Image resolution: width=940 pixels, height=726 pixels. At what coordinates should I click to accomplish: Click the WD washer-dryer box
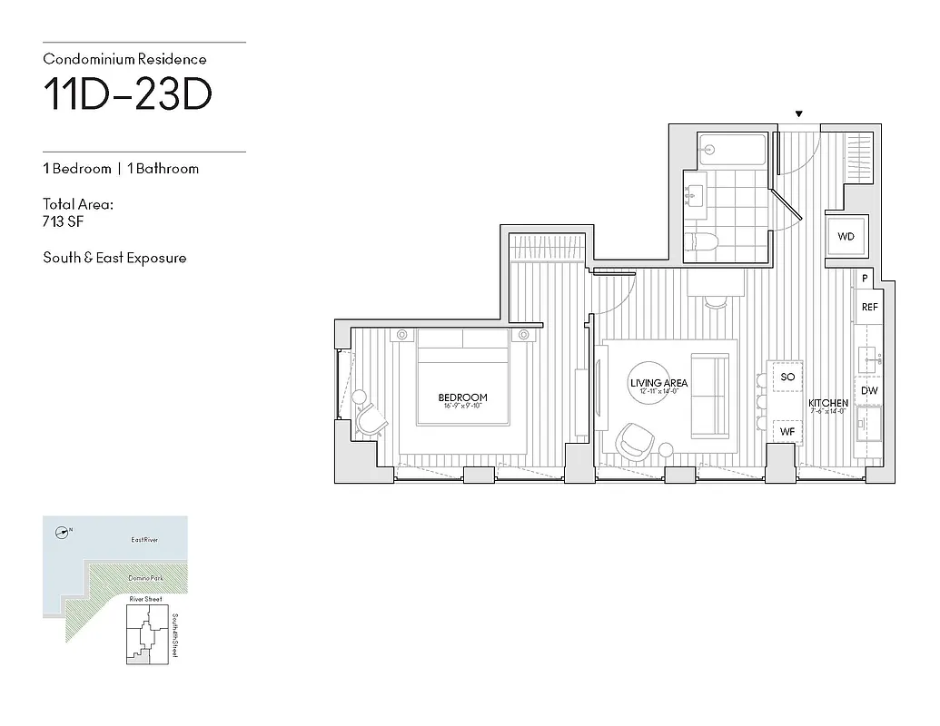tap(846, 237)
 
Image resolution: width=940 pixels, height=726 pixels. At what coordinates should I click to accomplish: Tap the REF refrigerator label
tap(869, 308)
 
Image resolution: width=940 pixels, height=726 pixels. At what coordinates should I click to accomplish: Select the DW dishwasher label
tap(869, 390)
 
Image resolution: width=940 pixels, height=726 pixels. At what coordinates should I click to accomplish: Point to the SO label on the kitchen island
tap(787, 377)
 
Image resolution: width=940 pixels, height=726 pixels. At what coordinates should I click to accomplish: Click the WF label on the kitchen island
tap(787, 432)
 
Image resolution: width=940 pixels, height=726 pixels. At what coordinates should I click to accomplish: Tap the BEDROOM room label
tap(462, 397)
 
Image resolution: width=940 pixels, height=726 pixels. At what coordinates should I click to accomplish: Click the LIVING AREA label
tap(658, 384)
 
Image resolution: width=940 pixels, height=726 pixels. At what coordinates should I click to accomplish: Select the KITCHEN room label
tap(828, 403)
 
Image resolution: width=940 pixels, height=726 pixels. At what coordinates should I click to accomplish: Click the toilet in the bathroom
tap(702, 240)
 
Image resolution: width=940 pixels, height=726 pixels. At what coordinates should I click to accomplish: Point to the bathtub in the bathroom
tap(732, 149)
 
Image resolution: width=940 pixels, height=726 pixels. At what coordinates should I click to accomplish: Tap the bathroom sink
tap(697, 192)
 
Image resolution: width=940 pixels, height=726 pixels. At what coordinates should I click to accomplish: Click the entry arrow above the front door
tap(799, 114)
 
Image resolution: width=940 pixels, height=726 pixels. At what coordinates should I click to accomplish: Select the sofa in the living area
tap(710, 394)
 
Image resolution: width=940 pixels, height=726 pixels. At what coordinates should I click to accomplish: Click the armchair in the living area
tap(634, 441)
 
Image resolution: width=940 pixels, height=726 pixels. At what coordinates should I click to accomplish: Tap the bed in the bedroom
tap(462, 377)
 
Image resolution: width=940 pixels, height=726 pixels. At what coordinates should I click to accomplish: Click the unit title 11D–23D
tap(128, 94)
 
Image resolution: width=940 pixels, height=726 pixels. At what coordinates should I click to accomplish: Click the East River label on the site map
tap(144, 541)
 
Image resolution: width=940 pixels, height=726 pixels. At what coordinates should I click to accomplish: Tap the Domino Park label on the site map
tap(143, 578)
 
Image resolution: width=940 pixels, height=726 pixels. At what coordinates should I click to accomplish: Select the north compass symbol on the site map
tap(63, 532)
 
